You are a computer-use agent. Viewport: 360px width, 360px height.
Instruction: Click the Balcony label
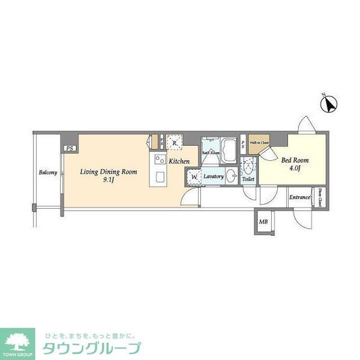click(x=48, y=173)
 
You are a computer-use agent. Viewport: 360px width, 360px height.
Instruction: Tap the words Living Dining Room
click(x=109, y=172)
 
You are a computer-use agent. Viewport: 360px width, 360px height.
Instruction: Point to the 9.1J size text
click(x=109, y=180)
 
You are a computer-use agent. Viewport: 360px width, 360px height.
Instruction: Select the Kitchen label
click(x=179, y=162)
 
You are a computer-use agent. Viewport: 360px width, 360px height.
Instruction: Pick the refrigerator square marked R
click(x=175, y=142)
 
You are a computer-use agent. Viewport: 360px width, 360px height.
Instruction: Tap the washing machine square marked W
click(x=194, y=176)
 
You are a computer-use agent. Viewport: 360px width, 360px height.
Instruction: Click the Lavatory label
click(x=213, y=176)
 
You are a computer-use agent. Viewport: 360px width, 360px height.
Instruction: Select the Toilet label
click(x=248, y=179)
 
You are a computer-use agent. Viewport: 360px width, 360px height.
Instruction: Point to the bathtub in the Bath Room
click(x=229, y=147)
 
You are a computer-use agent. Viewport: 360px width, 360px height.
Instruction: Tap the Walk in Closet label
click(x=259, y=143)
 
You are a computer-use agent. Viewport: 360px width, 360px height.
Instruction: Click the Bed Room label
click(x=295, y=160)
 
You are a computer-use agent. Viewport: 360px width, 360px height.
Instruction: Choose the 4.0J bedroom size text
click(x=295, y=169)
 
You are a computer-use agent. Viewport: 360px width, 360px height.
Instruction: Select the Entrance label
click(x=299, y=197)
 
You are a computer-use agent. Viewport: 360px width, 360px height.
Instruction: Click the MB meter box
click(x=263, y=222)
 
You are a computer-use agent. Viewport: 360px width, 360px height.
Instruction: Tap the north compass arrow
click(x=329, y=105)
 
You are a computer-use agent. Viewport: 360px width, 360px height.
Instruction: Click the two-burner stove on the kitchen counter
click(x=160, y=160)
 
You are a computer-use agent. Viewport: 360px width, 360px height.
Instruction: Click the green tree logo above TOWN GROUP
click(x=17, y=340)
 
